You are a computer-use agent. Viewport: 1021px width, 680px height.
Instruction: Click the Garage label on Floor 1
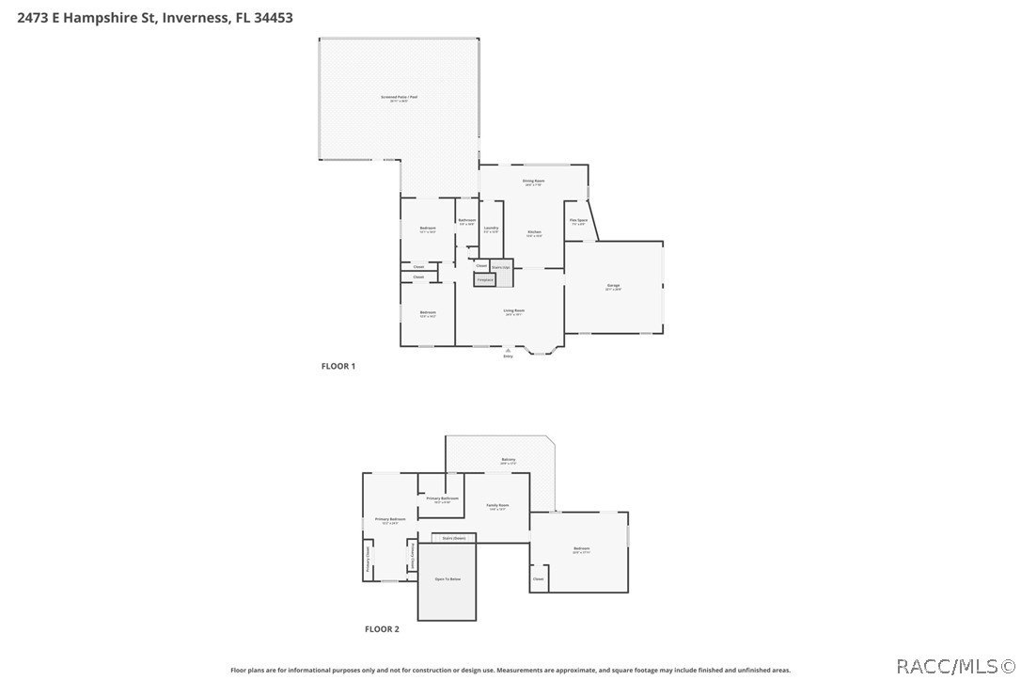click(613, 287)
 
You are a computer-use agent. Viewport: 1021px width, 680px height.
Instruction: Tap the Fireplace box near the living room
click(485, 279)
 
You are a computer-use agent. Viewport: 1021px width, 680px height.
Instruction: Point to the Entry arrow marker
click(509, 351)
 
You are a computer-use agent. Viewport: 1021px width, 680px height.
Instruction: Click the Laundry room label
click(491, 229)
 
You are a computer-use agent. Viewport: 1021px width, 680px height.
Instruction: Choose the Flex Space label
click(578, 221)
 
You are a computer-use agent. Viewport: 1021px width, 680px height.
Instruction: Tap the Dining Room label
click(534, 182)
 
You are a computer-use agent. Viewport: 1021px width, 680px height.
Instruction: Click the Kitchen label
click(534, 233)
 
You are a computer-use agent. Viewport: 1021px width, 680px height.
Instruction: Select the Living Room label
click(514, 311)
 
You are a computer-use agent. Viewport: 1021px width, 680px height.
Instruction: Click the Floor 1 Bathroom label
click(467, 221)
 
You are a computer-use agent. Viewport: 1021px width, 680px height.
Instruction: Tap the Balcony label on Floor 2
click(508, 460)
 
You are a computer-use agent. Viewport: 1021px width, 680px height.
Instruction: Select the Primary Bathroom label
click(442, 498)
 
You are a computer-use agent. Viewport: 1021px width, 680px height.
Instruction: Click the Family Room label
click(497, 506)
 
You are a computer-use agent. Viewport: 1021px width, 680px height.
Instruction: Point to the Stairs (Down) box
click(453, 538)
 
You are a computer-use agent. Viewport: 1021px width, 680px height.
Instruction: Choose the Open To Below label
click(448, 579)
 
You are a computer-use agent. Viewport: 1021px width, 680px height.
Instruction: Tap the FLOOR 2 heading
click(382, 629)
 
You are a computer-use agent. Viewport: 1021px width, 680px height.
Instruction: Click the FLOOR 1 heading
click(338, 366)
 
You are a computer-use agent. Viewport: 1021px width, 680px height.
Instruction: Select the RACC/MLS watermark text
click(954, 667)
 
